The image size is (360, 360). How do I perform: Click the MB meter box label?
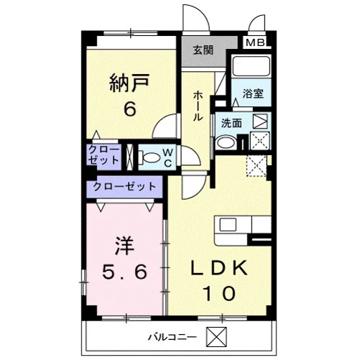(256, 43)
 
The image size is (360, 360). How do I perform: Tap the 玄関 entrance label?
(203, 50)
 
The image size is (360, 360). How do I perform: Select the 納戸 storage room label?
(129, 83)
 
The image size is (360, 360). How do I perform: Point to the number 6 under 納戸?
(130, 109)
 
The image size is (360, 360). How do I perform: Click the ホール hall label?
(198, 106)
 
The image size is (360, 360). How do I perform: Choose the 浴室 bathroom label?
(253, 93)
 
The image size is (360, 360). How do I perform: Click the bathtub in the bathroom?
(251, 66)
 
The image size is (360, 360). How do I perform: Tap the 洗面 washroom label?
(231, 123)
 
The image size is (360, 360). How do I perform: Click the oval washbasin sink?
(225, 142)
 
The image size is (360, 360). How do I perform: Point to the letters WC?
(168, 157)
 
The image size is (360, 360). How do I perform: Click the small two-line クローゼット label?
(103, 155)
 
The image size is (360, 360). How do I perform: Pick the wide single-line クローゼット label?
(124, 186)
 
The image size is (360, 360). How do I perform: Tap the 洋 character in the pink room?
(124, 246)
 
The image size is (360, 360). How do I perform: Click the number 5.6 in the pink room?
(124, 272)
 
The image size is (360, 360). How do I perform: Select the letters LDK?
(219, 268)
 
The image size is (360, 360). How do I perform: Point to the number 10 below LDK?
(219, 293)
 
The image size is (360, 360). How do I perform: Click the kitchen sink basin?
(228, 225)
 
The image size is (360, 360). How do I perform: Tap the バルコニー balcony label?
(172, 337)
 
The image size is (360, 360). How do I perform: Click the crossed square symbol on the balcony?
(216, 336)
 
